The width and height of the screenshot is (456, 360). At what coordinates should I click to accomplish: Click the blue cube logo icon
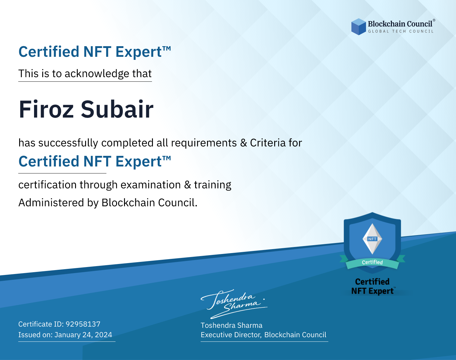[358, 27]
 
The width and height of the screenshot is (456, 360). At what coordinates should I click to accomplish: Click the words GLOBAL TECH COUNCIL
[401, 31]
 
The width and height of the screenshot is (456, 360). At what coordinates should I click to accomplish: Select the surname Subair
[117, 109]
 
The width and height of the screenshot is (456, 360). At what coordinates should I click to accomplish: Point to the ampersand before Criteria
[243, 143]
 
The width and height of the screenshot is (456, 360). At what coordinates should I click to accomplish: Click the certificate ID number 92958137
[83, 324]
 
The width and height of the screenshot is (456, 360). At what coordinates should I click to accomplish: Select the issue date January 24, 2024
[83, 335]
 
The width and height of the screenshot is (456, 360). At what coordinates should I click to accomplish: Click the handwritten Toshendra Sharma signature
[234, 304]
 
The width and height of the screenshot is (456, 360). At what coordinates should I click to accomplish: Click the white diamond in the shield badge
[372, 239]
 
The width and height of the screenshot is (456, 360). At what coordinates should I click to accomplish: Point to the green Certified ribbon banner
[372, 262]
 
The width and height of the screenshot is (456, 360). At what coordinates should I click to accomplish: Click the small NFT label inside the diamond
[372, 239]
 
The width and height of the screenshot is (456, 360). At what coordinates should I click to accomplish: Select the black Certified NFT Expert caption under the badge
[372, 286]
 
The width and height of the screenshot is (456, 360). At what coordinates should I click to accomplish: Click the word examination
[150, 185]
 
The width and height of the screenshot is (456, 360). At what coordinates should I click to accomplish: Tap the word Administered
[51, 203]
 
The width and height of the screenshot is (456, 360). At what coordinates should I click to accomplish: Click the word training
[213, 185]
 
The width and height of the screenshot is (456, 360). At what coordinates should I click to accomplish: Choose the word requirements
[204, 143]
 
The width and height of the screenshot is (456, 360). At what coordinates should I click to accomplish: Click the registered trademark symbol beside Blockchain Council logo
[434, 20]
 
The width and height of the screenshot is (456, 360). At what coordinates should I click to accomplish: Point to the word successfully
[68, 143]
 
